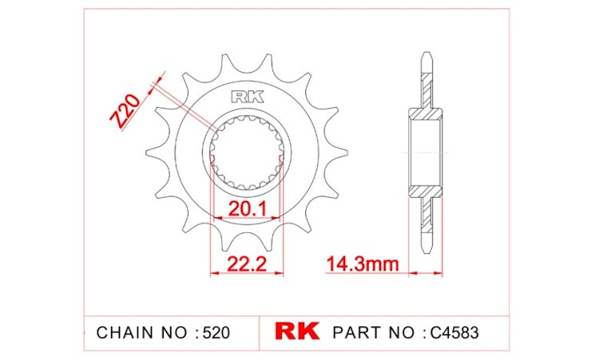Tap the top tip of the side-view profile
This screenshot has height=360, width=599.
point(426,57)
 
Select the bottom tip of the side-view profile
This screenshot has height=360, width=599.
point(426,246)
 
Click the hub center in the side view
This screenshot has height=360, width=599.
point(426,152)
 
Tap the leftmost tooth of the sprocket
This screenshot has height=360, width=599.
point(149,152)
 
